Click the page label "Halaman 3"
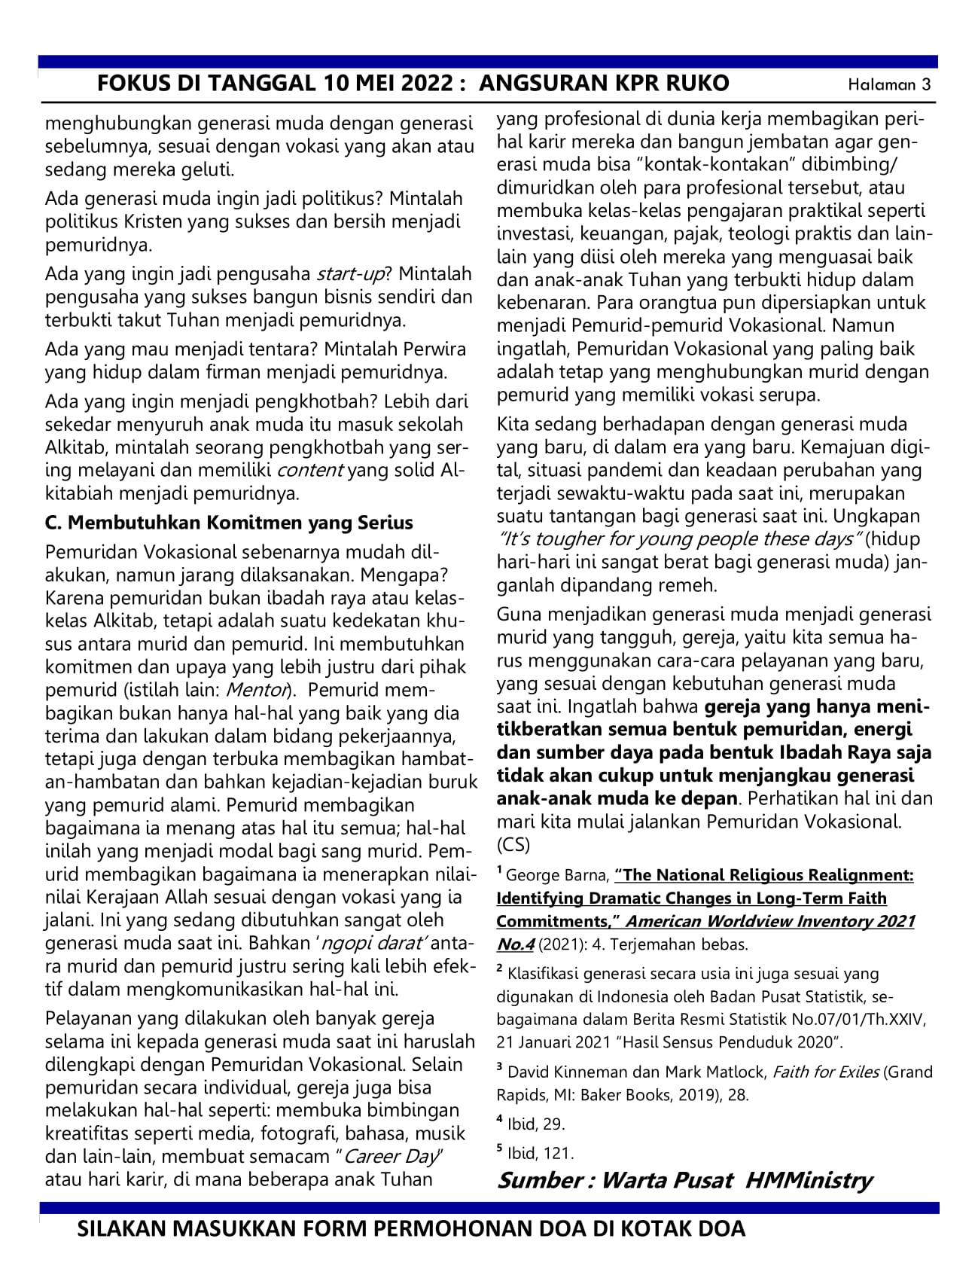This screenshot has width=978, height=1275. pyautogui.click(x=889, y=84)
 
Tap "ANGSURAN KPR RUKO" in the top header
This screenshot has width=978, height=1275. pyautogui.click(x=604, y=83)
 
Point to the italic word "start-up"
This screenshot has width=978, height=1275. pyautogui.click(x=350, y=273)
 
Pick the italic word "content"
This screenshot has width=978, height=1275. pyautogui.click(x=310, y=471)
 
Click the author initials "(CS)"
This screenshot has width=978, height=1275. pyautogui.click(x=513, y=844)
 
